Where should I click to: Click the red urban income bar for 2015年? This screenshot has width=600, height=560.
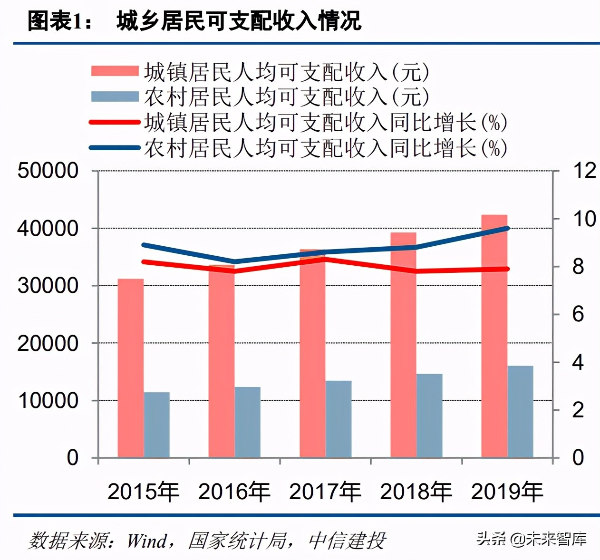(x=131, y=368)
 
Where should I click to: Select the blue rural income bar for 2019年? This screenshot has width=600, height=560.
(x=521, y=412)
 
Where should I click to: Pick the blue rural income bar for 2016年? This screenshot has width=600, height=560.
(x=248, y=422)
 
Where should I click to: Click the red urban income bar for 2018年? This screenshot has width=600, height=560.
(x=403, y=345)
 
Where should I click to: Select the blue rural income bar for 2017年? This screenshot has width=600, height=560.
(x=339, y=419)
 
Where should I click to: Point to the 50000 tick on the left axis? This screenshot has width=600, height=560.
(x=48, y=171)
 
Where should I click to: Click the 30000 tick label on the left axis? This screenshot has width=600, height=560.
(x=48, y=286)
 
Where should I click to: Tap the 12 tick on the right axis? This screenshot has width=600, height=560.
(x=584, y=171)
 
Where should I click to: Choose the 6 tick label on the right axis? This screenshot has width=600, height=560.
(x=578, y=314)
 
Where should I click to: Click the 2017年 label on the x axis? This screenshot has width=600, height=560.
(x=325, y=492)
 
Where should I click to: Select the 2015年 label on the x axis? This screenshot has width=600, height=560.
(x=143, y=492)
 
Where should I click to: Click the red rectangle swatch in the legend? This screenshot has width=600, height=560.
(x=115, y=71)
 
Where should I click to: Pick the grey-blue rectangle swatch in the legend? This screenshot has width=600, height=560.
(x=115, y=97)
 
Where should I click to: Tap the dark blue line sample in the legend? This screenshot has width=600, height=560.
(x=115, y=148)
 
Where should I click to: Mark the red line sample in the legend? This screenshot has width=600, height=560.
(x=115, y=122)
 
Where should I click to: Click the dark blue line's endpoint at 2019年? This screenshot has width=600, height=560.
(x=508, y=228)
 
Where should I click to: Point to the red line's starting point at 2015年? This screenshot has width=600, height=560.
(x=144, y=261)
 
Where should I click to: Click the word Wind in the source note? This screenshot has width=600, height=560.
(x=147, y=541)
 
